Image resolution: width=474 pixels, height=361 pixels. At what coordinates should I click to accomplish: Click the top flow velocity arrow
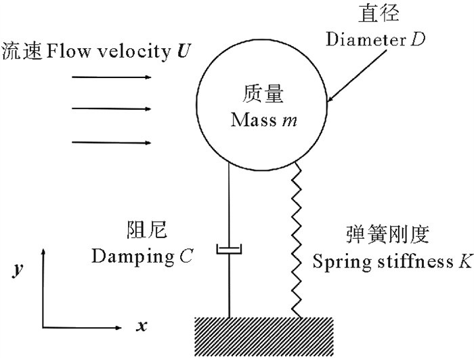111,77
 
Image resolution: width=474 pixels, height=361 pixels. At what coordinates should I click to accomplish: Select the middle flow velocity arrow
111,108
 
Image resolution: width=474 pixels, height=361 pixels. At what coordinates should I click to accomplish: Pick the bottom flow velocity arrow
111,142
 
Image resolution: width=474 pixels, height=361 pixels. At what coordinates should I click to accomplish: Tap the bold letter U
181,50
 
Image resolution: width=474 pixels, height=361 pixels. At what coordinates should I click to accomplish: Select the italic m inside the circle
292,121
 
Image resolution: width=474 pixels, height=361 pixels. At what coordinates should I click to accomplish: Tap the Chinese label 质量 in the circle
263,95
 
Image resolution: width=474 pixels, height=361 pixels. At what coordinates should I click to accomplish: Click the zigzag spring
296,237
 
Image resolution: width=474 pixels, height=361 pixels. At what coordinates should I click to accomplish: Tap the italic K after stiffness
465,261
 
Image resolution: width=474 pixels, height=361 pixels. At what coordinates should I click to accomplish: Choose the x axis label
142,326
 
